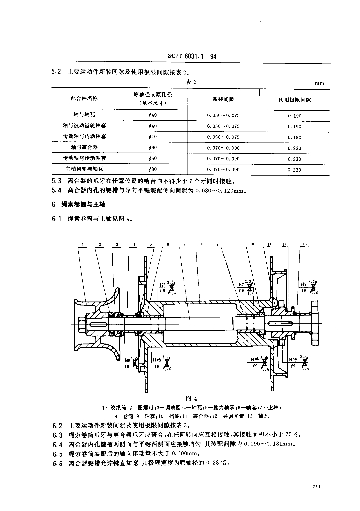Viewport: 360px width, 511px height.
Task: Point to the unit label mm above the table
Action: [x=319, y=83]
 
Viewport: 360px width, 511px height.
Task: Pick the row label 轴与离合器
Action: [x=80, y=147]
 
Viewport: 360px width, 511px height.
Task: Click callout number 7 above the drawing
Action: [x=185, y=245]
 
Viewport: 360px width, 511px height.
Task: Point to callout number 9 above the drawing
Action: [x=218, y=245]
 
